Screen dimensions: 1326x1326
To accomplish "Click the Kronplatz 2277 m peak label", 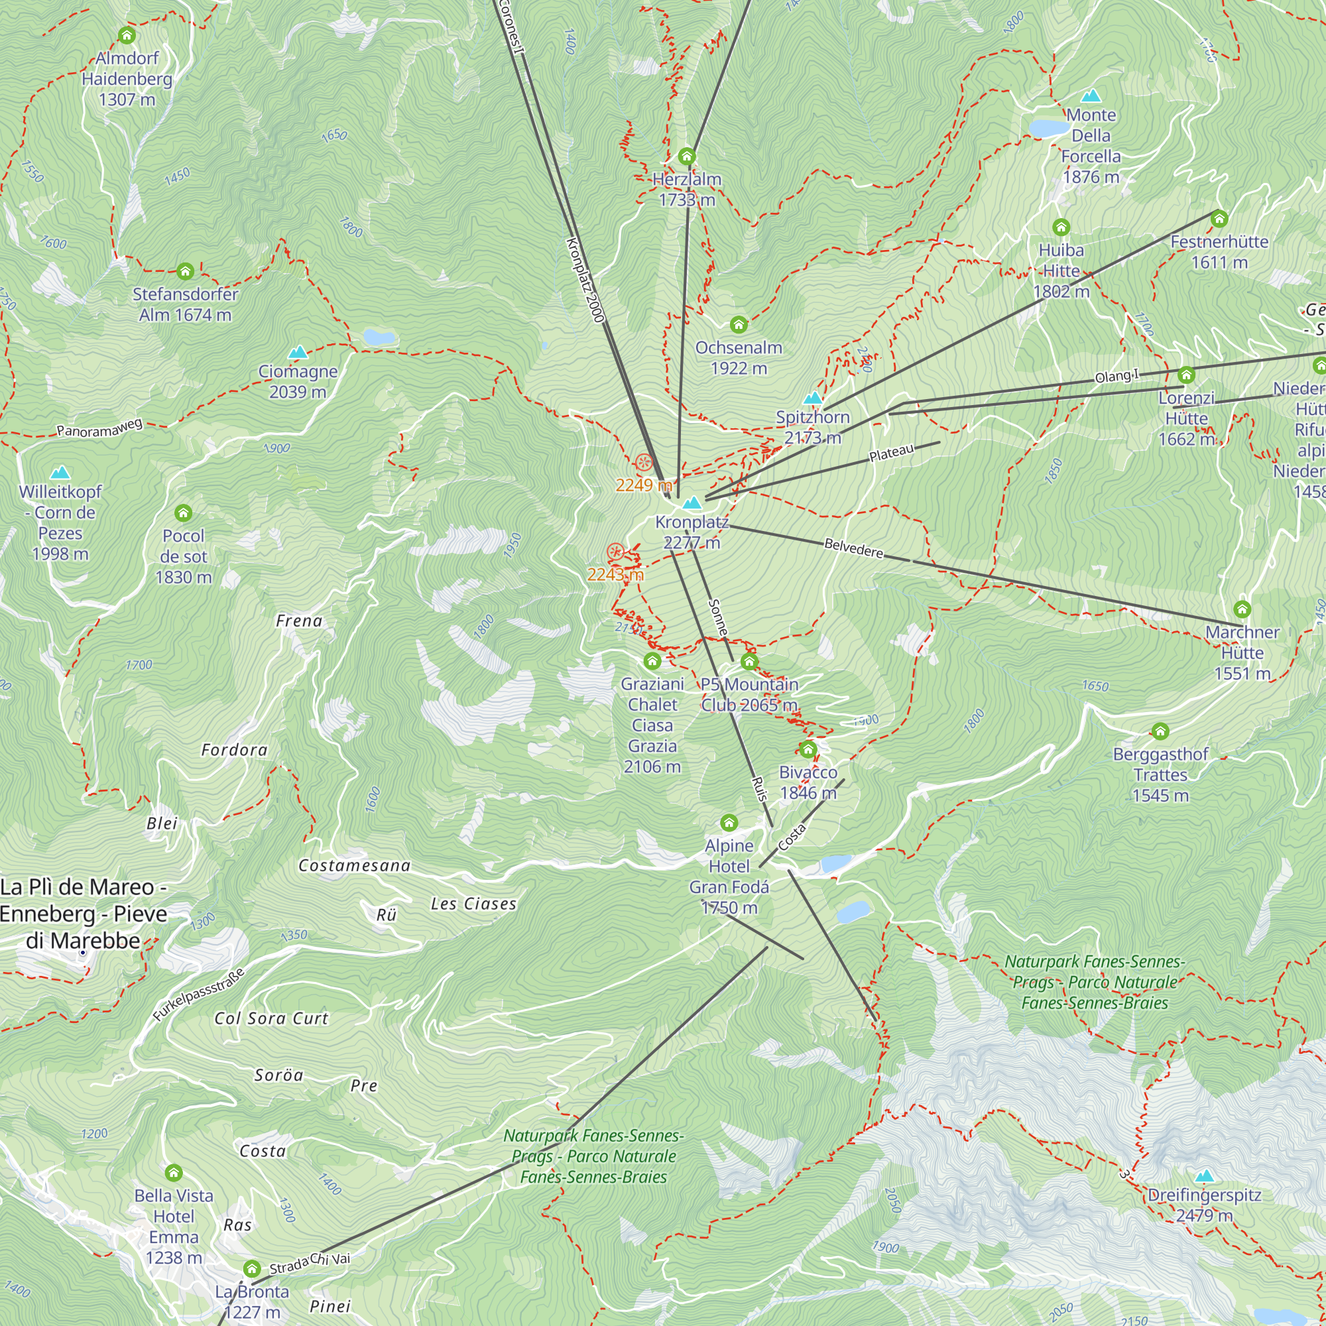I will [x=691, y=532].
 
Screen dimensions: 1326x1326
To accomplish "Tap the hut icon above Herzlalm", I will [x=686, y=156].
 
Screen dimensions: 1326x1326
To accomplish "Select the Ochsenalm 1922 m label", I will [x=739, y=357].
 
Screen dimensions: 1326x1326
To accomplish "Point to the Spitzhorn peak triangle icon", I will [x=813, y=397].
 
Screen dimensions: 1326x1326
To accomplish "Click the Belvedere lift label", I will [x=853, y=548].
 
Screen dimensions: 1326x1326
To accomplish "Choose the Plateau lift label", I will [x=892, y=453].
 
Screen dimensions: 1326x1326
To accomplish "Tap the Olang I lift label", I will [x=1116, y=375].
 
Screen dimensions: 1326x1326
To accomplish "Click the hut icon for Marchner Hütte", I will [x=1242, y=609].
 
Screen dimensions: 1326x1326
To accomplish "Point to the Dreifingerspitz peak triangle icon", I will [x=1205, y=1175].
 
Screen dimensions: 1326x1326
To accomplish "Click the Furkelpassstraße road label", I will [x=198, y=994].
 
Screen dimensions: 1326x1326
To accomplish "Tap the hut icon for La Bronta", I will [x=252, y=1268].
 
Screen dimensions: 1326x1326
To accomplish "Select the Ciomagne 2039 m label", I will [x=297, y=381].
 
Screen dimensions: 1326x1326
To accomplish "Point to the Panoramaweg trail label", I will [x=99, y=428].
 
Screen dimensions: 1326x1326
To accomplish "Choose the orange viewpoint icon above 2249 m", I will [x=643, y=462].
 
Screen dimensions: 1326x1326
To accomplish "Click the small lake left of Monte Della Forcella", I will [x=1048, y=128].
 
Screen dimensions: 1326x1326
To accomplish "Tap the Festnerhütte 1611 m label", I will [x=1219, y=251].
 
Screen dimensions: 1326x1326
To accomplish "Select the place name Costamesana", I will [x=354, y=865].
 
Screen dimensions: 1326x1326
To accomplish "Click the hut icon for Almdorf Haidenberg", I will [x=126, y=35].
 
